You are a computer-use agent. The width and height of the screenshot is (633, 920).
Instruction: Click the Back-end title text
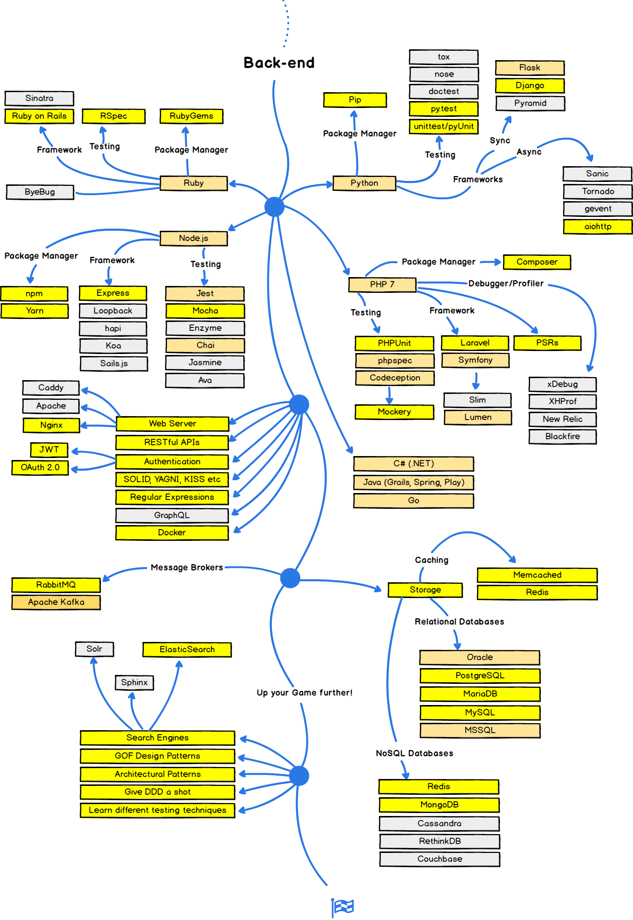pyautogui.click(x=279, y=63)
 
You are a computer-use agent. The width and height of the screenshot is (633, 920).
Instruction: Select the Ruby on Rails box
pyautogui.click(x=39, y=116)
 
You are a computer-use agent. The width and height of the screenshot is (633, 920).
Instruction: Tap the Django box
pyautogui.click(x=530, y=85)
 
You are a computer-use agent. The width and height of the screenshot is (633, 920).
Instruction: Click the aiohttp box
pyautogui.click(x=598, y=226)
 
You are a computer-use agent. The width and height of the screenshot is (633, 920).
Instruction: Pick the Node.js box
pyautogui.click(x=194, y=238)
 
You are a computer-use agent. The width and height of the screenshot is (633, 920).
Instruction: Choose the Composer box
pyautogui.click(x=536, y=262)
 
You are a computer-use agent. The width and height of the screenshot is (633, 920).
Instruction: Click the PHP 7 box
pyautogui.click(x=382, y=284)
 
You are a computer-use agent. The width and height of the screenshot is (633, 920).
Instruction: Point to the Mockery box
pyautogui.click(x=394, y=412)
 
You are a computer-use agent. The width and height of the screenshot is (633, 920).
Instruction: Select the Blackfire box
pyautogui.click(x=562, y=436)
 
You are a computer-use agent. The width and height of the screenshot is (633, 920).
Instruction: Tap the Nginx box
pyautogui.click(x=51, y=425)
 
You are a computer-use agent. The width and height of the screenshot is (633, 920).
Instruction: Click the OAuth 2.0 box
pyautogui.click(x=40, y=467)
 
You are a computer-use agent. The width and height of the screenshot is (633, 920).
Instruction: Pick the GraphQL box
pyautogui.click(x=172, y=515)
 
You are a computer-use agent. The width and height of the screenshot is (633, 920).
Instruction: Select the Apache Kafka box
pyautogui.click(x=56, y=602)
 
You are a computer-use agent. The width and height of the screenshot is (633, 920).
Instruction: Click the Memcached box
pyautogui.click(x=537, y=575)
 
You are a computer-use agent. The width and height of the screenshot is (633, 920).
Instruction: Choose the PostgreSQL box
pyautogui.click(x=479, y=675)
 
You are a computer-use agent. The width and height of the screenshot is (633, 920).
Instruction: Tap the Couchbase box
pyautogui.click(x=439, y=859)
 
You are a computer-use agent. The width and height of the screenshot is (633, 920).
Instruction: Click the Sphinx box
pyautogui.click(x=134, y=682)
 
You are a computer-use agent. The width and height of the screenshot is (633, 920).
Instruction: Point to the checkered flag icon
pyautogui.click(x=342, y=906)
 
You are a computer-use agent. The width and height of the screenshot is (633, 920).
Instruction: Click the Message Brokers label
pyautogui.click(x=187, y=567)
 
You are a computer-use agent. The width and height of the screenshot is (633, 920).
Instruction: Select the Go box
pyautogui.click(x=413, y=500)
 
